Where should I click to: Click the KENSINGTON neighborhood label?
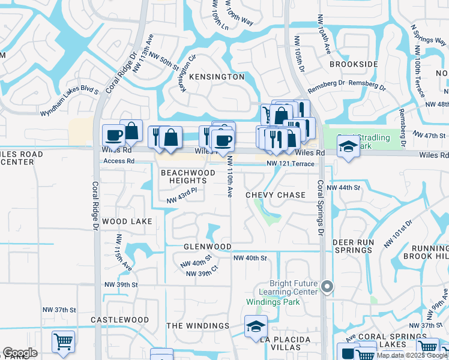coord(217,77)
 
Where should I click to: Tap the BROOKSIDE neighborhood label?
coord(354,64)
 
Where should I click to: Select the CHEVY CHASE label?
coord(276,195)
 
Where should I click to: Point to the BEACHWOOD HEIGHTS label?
coord(188,176)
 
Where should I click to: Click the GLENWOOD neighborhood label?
coord(207,247)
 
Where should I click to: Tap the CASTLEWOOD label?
coord(119,320)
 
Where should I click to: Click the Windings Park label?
coord(273,301)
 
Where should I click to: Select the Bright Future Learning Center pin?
coord(327,287)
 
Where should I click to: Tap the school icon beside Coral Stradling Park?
coord(348,146)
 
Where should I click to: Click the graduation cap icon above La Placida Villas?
coord(256,327)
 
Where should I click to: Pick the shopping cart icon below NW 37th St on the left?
coord(63,341)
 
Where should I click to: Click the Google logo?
coord(20,353)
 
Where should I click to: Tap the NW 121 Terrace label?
coord(291,163)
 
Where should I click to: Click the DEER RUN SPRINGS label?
coord(352,246)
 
